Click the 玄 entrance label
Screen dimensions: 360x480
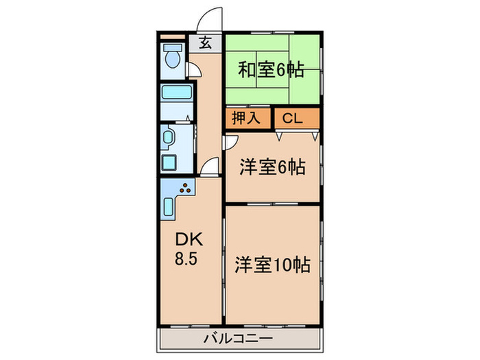(x=204, y=43)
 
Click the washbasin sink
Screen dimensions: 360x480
(x=169, y=139)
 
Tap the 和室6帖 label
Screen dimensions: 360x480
(x=272, y=70)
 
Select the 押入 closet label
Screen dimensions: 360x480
(x=245, y=118)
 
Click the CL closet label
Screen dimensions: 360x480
(x=292, y=118)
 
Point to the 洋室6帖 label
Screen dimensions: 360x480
(x=272, y=166)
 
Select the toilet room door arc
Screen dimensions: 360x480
(x=194, y=69)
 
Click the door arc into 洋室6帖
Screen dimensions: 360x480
(x=231, y=142)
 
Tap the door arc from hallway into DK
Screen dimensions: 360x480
(x=211, y=165)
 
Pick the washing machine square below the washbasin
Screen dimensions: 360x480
(x=169, y=165)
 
